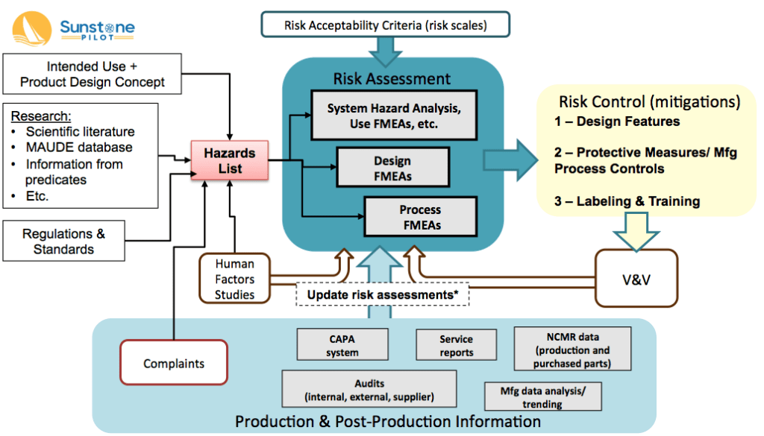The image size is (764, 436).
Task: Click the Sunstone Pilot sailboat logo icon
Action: coord(32,31)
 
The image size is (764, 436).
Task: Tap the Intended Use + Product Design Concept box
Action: coord(93,75)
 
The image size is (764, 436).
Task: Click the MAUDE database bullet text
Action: coord(79,148)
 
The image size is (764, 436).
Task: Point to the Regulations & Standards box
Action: coord(63,241)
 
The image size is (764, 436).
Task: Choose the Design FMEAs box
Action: coord(393,168)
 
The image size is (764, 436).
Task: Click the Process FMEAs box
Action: coord(420,217)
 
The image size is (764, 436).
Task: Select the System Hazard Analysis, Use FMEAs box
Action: coord(393,116)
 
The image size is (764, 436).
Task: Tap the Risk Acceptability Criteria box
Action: coord(385,25)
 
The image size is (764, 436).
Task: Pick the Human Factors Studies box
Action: coord(235,279)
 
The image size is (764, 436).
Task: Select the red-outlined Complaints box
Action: coord(173,364)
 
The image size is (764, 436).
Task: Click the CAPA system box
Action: coord(342,345)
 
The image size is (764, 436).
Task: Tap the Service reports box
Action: coord(456,345)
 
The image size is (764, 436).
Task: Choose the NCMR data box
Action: coord(572,348)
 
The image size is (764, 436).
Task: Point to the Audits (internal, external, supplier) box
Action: coord(358,389)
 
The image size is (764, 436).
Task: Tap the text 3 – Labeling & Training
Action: coord(627,201)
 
